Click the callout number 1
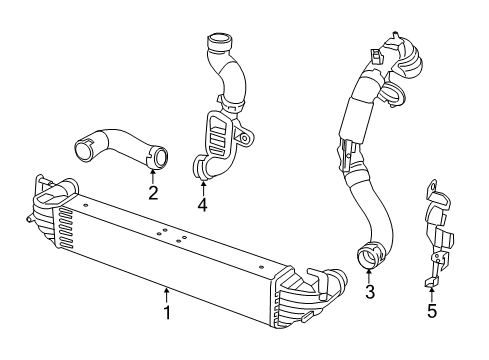tap(167, 341)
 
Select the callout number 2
tap(153, 192)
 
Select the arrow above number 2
tap(153, 175)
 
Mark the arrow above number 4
tap(202, 188)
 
